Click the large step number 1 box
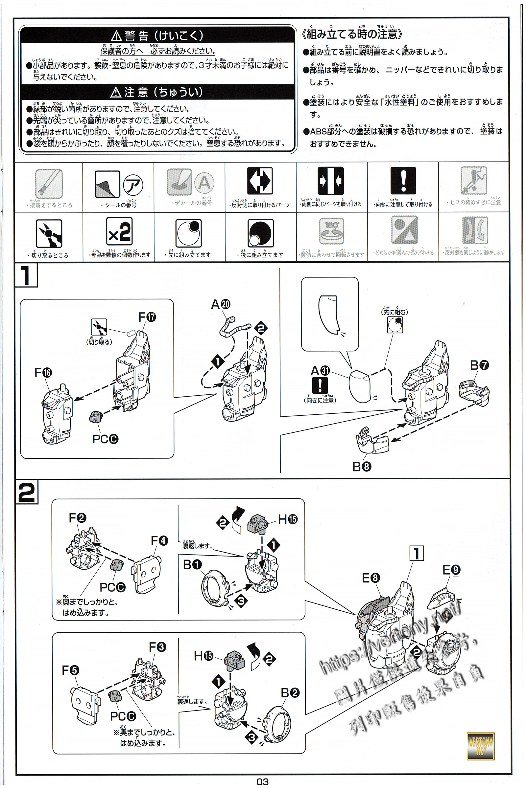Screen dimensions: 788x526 point(26,275)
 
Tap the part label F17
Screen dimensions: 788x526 point(147,317)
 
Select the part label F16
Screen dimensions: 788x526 point(43,373)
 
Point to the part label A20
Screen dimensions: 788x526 point(220,304)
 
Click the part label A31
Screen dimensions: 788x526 point(320,371)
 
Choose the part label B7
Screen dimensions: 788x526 point(479,365)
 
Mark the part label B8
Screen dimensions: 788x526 point(362,466)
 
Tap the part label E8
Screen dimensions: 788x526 point(371,578)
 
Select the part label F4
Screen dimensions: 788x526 point(159,541)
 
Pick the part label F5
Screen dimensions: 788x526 point(70,670)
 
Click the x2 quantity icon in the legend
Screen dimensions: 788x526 point(119,231)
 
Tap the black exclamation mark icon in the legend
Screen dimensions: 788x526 point(403,181)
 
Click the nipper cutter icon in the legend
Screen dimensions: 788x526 point(49,233)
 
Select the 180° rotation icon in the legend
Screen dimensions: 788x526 point(331,231)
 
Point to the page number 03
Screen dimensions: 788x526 point(263,782)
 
